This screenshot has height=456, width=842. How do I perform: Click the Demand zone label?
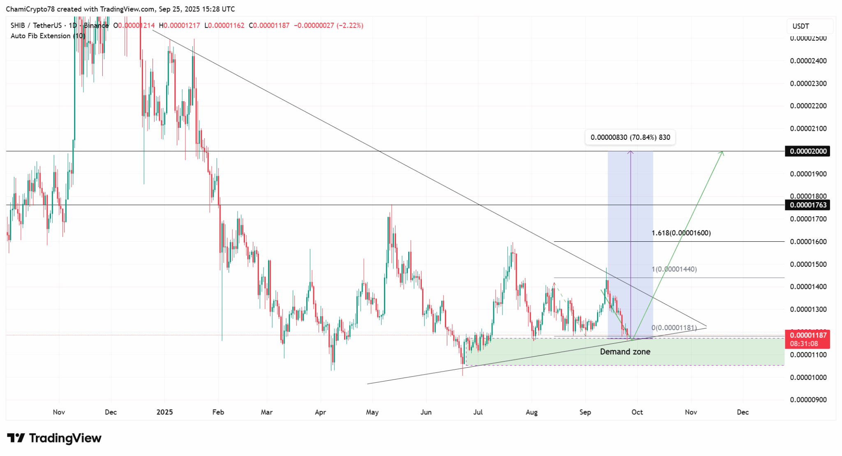pyautogui.click(x=625, y=352)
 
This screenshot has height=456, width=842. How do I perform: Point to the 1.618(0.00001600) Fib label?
pyautogui.click(x=681, y=233)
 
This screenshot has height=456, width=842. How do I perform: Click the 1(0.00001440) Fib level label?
pyautogui.click(x=674, y=269)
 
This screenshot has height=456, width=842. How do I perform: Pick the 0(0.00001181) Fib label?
pyautogui.click(x=674, y=328)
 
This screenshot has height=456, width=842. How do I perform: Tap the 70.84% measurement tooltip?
pyautogui.click(x=630, y=137)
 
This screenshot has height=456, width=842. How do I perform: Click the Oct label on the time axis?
pyautogui.click(x=637, y=412)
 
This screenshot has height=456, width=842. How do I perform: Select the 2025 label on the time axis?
pyautogui.click(x=164, y=412)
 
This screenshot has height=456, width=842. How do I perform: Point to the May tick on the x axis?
pyautogui.click(x=372, y=412)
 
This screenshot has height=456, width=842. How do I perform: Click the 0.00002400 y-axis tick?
pyautogui.click(x=808, y=61)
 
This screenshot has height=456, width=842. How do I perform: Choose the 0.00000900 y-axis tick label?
pyautogui.click(x=808, y=400)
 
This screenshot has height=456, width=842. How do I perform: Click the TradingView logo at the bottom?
pyautogui.click(x=54, y=438)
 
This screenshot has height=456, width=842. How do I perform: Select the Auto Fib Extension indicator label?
pyautogui.click(x=48, y=36)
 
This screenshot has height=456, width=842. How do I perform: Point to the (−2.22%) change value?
pyautogui.click(x=350, y=25)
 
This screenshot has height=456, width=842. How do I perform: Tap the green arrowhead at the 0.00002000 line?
pyautogui.click(x=722, y=153)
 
